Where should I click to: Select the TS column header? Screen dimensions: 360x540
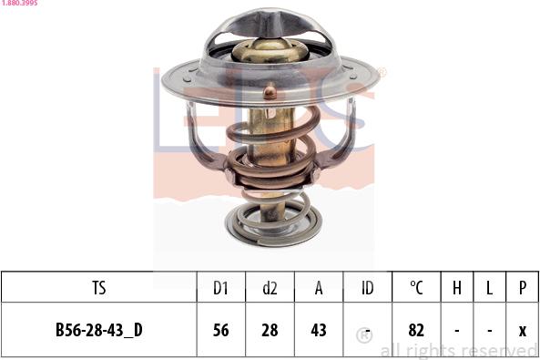[99, 288]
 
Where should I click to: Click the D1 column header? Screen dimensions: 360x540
[219, 288]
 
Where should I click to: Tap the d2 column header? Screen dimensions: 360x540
[270, 288]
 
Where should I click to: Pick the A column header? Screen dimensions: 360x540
[319, 288]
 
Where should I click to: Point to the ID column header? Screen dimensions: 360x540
[367, 288]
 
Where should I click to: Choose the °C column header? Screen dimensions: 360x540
[416, 288]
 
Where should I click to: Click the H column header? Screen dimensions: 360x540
[456, 288]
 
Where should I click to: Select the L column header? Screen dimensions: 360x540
[489, 288]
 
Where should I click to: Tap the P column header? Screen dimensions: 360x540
[522, 288]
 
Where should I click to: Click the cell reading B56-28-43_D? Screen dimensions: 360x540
[99, 330]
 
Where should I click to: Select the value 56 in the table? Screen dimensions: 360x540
[219, 330]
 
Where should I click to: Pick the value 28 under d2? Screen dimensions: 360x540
[270, 330]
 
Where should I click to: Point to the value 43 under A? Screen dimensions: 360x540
[319, 330]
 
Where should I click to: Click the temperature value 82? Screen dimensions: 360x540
[416, 330]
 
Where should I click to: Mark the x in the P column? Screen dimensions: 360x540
[522, 330]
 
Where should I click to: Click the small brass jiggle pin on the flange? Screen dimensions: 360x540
[269, 91]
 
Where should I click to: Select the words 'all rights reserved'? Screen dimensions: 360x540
[458, 350]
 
